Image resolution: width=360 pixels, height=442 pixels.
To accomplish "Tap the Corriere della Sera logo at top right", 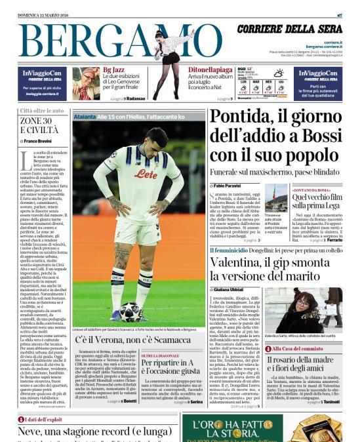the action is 289,30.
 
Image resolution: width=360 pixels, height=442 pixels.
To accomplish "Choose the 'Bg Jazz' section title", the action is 111,69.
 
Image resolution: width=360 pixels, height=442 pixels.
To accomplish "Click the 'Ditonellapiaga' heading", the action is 210,69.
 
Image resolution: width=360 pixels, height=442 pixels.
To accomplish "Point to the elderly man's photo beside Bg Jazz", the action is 86,83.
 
